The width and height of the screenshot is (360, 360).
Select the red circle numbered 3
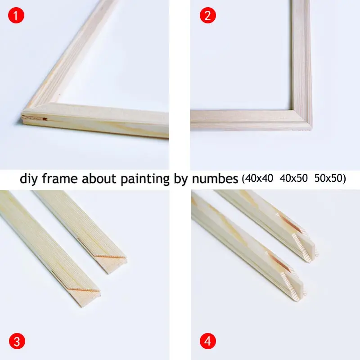(16, 341)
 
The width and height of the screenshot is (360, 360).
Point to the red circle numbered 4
(208, 341)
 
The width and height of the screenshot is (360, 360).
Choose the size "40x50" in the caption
(293, 179)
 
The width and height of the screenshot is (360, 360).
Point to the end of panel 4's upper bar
(306, 241)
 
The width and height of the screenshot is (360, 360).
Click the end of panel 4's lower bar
(292, 281)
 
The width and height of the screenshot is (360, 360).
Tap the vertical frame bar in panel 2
(300, 54)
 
